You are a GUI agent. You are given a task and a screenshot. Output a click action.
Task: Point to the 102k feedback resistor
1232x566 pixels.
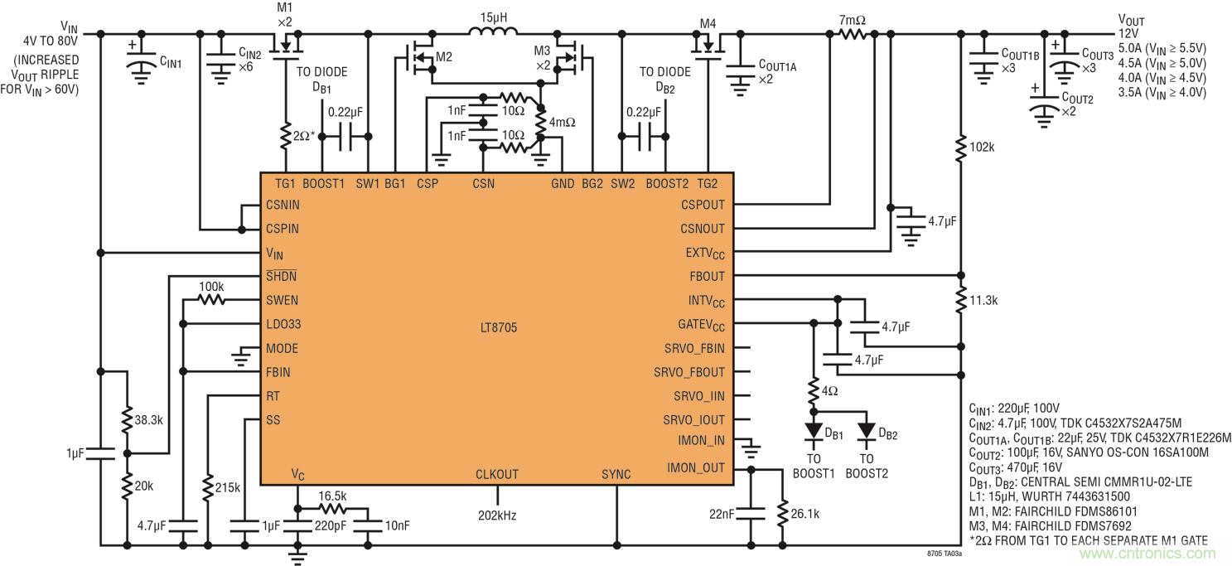[x=960, y=149]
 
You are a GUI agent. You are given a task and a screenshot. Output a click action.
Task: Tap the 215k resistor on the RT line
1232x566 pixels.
[x=208, y=487]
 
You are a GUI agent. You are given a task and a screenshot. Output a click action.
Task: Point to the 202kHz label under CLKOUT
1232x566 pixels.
[x=497, y=515]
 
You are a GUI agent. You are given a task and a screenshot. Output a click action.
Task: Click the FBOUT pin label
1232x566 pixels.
[x=707, y=276]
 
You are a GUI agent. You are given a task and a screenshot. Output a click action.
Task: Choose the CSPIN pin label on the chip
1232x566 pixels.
[x=283, y=229]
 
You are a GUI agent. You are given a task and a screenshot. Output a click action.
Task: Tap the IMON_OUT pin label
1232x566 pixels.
[x=695, y=469]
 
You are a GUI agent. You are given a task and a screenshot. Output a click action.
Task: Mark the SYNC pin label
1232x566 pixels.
[x=616, y=475]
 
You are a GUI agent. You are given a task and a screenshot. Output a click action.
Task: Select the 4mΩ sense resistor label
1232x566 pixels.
[x=562, y=122]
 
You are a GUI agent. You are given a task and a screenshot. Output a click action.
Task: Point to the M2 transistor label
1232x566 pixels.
[x=444, y=57]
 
